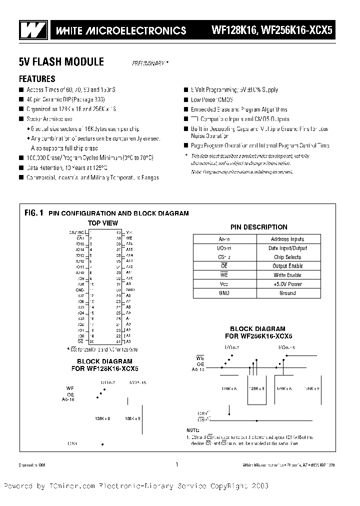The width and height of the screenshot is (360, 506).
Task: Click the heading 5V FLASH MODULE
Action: [61, 61]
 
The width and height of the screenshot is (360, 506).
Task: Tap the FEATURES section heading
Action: [37, 78]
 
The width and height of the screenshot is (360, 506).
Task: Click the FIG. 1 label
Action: [34, 213]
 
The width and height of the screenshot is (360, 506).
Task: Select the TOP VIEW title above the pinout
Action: [103, 223]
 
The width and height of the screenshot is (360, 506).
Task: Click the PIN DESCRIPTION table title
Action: [258, 227]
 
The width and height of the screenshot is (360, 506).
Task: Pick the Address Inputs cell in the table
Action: [287, 239]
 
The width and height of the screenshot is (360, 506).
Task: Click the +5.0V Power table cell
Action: [287, 284]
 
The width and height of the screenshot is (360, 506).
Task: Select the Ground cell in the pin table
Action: [287, 293]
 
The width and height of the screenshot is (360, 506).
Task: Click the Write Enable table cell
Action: [287, 275]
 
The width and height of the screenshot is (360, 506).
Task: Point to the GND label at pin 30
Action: [129, 289]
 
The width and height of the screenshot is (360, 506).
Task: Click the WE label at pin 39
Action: [129, 238]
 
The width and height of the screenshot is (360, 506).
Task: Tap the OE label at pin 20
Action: [80, 341]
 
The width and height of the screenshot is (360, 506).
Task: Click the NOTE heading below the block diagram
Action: [193, 430]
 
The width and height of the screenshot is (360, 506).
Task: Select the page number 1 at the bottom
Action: [176, 464]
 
